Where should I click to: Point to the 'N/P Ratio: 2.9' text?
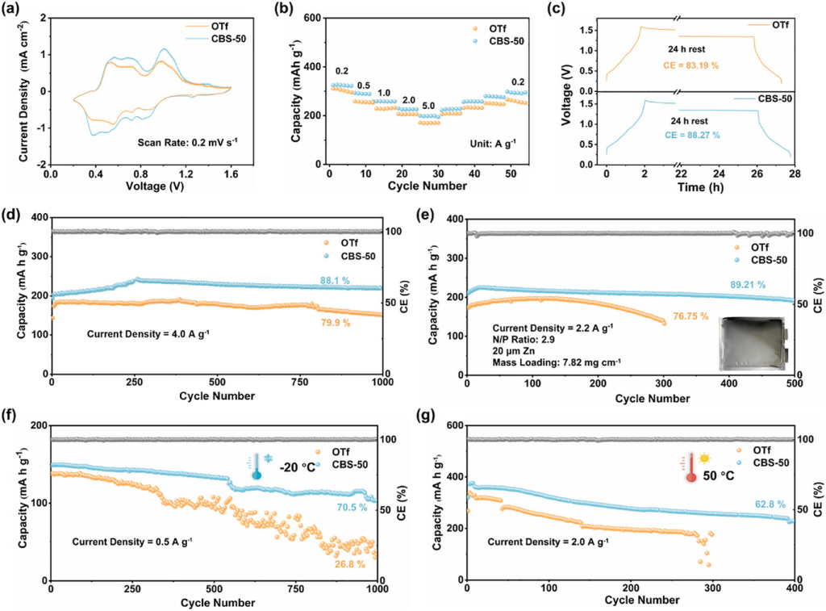[526, 341]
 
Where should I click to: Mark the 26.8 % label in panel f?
[353, 563]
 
